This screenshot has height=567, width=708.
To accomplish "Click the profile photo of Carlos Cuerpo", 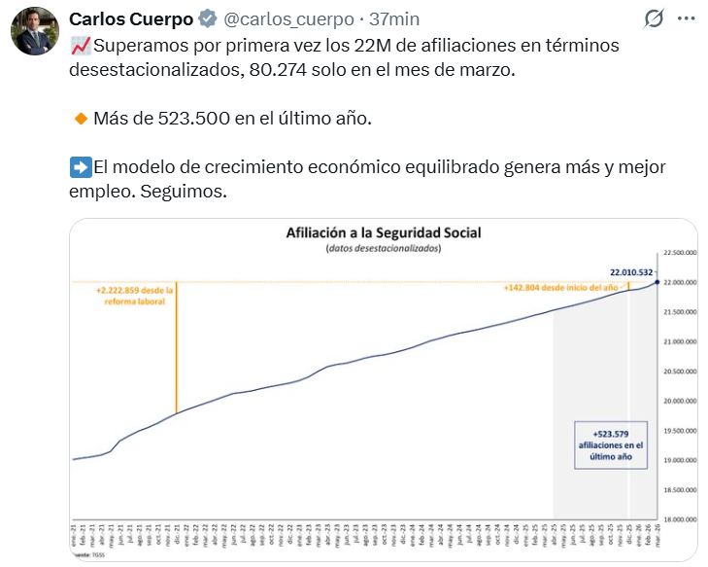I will (35, 32).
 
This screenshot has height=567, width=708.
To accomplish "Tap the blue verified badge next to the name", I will (208, 18).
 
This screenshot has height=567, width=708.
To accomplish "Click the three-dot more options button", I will (686, 18).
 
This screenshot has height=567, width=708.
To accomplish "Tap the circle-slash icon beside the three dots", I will (654, 18).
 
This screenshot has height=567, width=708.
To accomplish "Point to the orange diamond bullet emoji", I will (81, 119).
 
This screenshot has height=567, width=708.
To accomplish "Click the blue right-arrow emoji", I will (81, 167).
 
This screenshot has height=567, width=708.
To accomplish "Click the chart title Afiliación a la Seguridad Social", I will (384, 233).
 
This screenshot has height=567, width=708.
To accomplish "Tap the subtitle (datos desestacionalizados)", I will (384, 249).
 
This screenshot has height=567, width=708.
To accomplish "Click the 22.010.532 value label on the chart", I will (631, 272).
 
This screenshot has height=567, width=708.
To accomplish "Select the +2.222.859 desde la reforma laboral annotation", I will (135, 296).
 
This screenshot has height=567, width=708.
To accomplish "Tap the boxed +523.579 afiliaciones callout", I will (609, 445).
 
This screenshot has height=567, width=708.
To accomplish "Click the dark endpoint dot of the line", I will (657, 282).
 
